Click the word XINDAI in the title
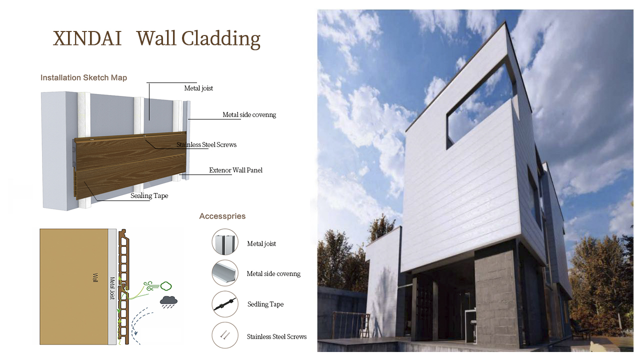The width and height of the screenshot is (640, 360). (87, 38)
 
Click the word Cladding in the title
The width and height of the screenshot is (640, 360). (221, 39)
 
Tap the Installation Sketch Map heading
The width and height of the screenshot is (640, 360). (83, 77)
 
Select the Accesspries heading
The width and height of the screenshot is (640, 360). (222, 216)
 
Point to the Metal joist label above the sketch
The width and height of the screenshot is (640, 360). (198, 88)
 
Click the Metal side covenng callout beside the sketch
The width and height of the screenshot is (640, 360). (249, 115)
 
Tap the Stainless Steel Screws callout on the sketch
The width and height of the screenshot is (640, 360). (206, 145)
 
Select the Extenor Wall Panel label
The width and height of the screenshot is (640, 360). (235, 170)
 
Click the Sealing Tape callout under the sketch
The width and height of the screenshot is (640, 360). (149, 196)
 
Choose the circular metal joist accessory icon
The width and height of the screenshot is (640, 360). (225, 241)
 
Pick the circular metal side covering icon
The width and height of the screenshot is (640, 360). (225, 273)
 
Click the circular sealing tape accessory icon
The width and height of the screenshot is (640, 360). (225, 304)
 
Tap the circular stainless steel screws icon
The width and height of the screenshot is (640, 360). (225, 335)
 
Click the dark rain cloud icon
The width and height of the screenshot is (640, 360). (168, 302)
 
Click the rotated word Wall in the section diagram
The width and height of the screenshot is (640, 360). (95, 277)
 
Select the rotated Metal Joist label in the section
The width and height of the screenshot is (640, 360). (112, 288)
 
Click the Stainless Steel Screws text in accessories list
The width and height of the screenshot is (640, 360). (276, 337)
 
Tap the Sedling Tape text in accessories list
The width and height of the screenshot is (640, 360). (265, 304)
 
